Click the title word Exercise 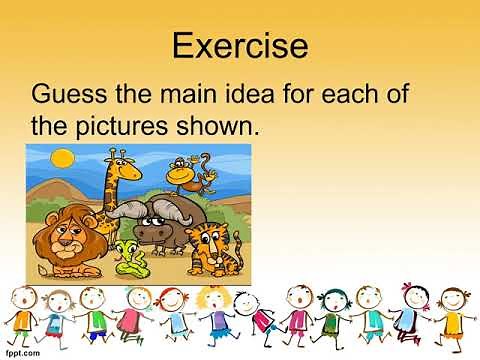[x=240, y=45]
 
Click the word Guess [x=73, y=98]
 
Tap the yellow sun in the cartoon [x=63, y=157]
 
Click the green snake [x=127, y=259]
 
